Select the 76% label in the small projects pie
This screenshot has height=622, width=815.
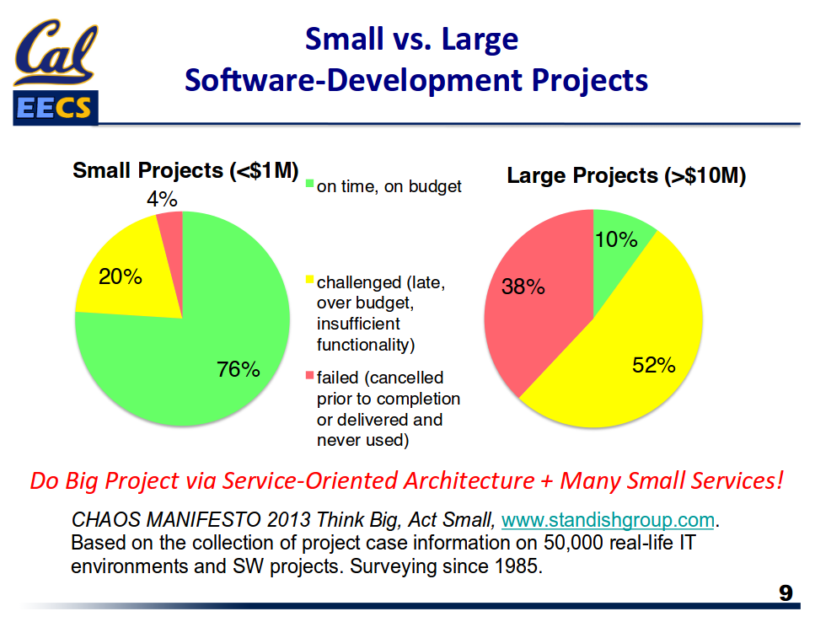click(x=239, y=369)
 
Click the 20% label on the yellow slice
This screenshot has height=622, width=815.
click(x=121, y=276)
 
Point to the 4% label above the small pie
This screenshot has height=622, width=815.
click(x=161, y=199)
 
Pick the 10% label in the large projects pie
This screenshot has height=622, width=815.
click(x=616, y=239)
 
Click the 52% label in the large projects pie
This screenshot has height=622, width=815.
click(x=654, y=365)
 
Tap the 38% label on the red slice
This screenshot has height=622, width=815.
click(x=523, y=287)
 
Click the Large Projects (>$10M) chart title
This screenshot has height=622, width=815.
click(x=626, y=176)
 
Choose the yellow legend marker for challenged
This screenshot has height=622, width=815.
click(x=309, y=279)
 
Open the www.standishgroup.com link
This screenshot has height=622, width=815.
click(x=608, y=519)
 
